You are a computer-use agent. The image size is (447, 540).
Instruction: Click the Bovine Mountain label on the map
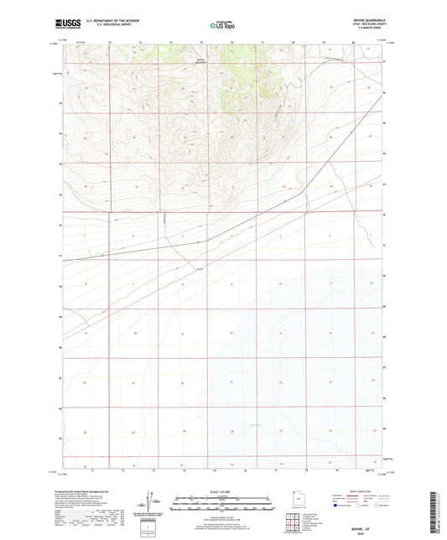click(x=200, y=60)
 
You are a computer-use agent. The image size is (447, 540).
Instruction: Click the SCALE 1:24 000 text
click(x=222, y=491)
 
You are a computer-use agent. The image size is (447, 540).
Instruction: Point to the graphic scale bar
click(x=222, y=504)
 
